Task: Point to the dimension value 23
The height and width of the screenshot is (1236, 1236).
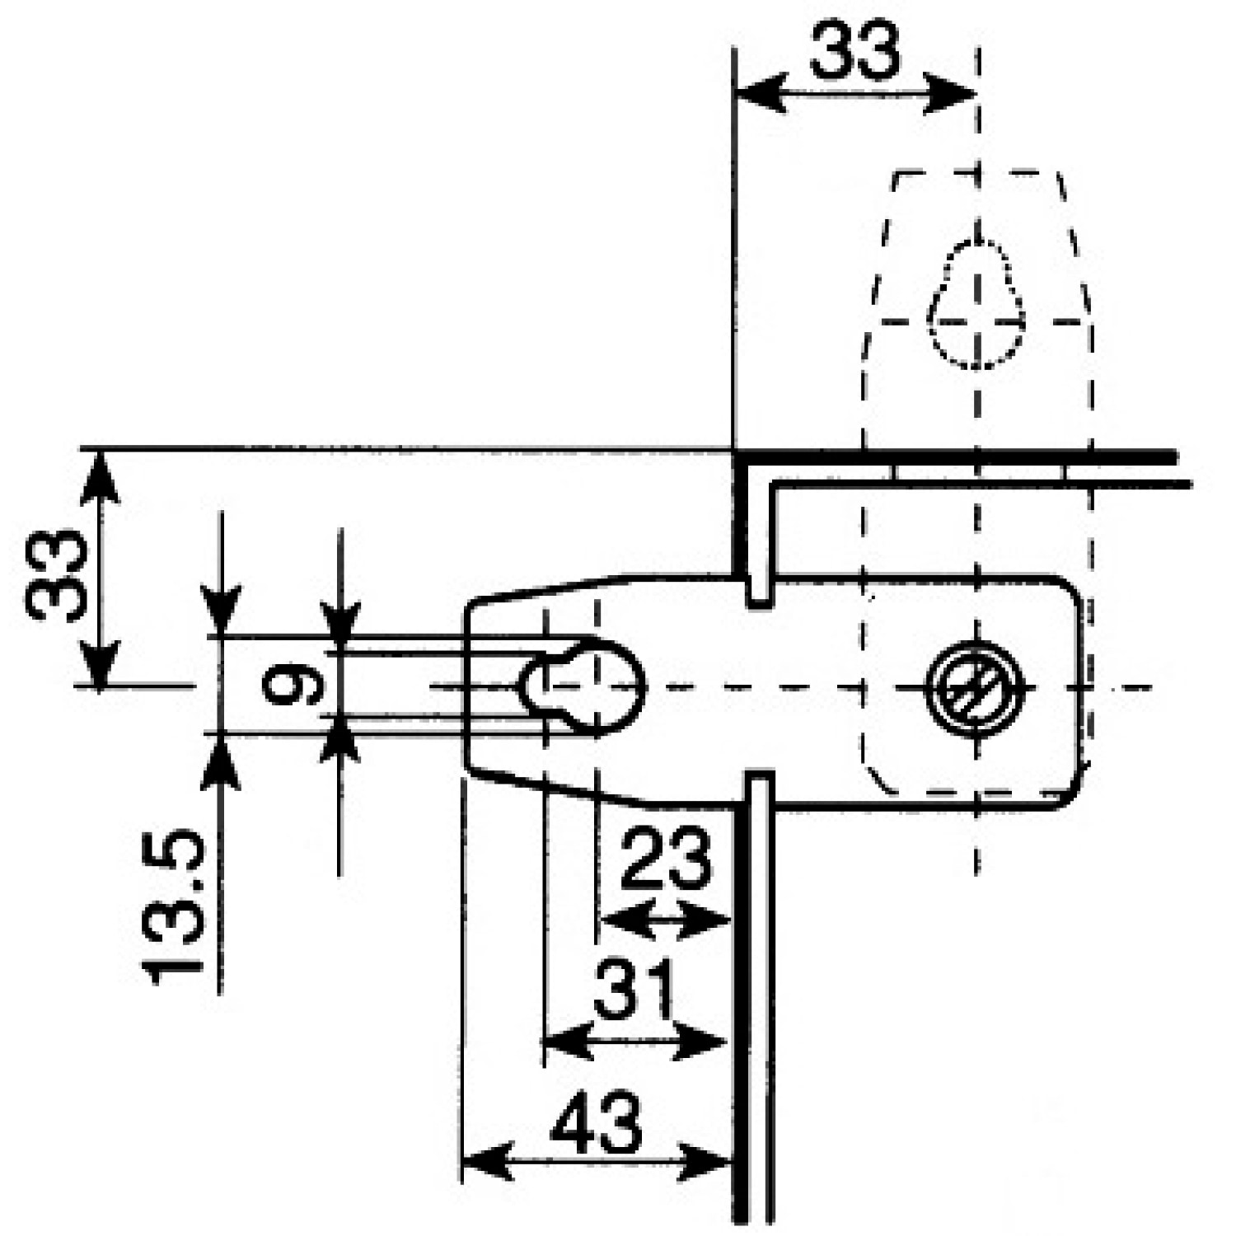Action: click(665, 858)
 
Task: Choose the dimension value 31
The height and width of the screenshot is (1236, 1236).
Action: click(634, 987)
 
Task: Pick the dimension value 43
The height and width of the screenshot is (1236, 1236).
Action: click(595, 1124)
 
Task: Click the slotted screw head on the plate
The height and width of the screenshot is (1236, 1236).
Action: click(976, 686)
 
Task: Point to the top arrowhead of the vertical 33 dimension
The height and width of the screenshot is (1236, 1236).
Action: click(100, 475)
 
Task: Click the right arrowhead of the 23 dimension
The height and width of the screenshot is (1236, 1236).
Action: click(705, 920)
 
